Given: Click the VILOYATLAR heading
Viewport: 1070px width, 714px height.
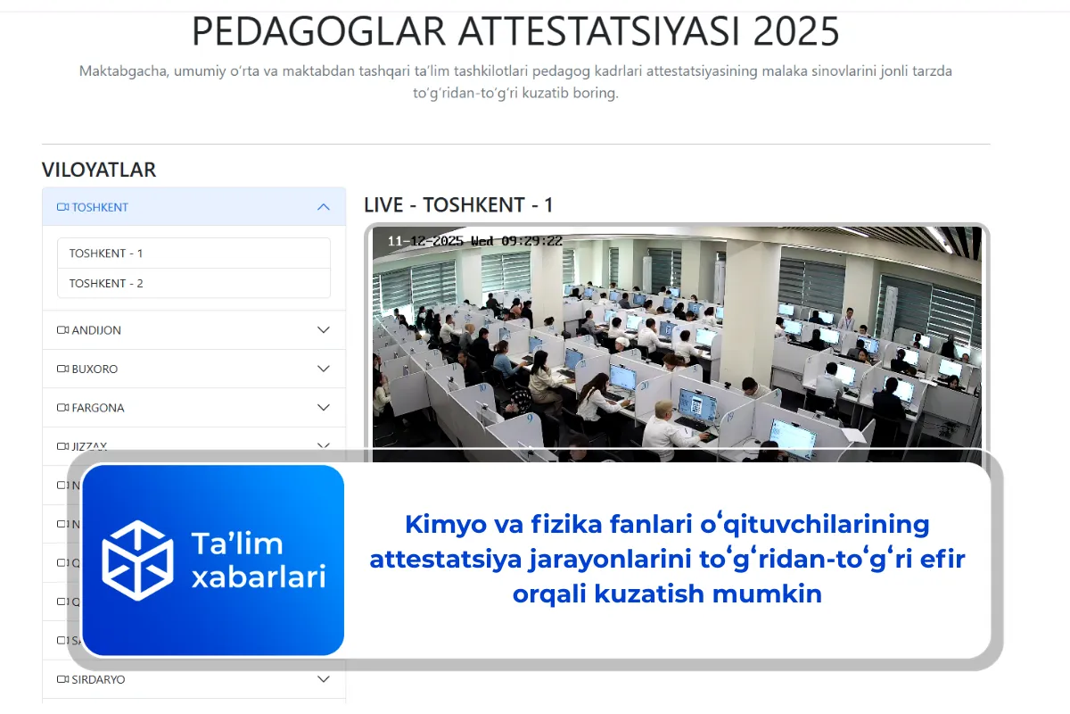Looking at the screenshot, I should [x=99, y=170].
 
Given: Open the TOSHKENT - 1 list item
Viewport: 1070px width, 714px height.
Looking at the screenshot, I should [x=106, y=253].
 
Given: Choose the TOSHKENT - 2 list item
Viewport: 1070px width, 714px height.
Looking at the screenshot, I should [x=106, y=284].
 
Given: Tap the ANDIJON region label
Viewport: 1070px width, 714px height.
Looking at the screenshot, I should [x=96, y=330].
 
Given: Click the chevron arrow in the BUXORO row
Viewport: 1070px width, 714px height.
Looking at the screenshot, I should [x=324, y=369].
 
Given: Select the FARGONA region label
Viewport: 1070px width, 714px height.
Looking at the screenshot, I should [x=98, y=408].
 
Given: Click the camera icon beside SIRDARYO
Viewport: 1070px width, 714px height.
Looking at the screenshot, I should [x=62, y=679].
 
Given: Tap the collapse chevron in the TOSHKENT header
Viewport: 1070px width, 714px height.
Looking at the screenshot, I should [x=324, y=207].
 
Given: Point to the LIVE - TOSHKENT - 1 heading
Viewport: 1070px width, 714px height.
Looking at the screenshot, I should [x=458, y=205].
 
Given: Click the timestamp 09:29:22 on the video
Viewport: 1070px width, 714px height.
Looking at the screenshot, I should [x=532, y=241].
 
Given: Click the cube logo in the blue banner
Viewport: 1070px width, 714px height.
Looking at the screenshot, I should [x=137, y=560].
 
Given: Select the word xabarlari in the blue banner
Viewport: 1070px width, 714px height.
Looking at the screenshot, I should [x=259, y=577].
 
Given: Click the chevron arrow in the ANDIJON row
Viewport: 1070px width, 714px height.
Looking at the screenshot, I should [x=324, y=330].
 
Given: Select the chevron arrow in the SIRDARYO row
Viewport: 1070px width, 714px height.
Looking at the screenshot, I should [x=324, y=679].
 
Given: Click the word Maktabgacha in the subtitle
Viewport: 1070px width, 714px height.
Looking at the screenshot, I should [x=123, y=71].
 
